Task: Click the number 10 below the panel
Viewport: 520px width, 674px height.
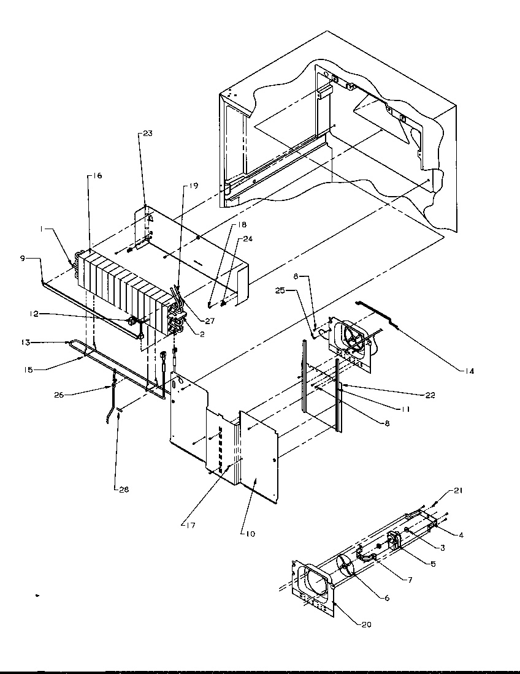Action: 251,534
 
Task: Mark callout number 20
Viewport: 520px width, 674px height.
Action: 366,625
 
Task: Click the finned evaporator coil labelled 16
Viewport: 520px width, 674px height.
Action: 123,282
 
